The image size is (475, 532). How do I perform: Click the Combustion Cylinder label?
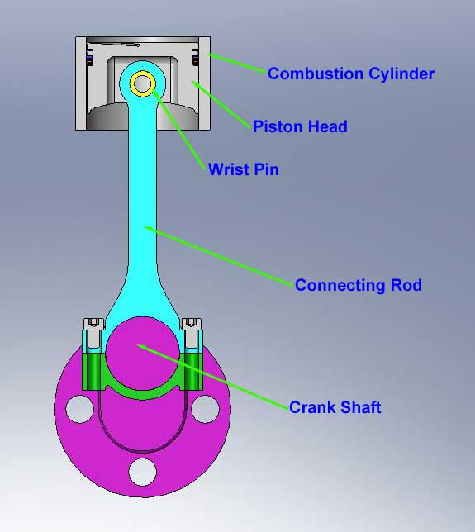point(351,74)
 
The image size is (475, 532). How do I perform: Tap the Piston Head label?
point(300,126)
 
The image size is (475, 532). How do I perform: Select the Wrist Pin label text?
point(243,169)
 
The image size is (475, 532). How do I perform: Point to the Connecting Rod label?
point(359,285)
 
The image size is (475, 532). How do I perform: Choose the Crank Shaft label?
point(335,407)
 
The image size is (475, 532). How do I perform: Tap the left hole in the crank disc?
point(79,409)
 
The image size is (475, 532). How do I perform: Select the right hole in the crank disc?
point(205,409)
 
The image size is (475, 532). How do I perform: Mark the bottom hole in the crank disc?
point(142,472)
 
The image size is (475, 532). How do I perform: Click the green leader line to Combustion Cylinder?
point(236,63)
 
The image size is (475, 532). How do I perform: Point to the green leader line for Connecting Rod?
point(219,256)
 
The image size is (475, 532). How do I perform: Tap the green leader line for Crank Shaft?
point(213,377)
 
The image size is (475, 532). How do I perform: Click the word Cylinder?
point(401,74)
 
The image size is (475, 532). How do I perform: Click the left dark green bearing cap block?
point(92,372)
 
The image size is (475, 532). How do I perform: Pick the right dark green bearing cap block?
point(193,372)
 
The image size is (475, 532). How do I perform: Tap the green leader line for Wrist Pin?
point(178,130)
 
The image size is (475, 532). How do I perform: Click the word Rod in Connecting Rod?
point(406,285)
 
